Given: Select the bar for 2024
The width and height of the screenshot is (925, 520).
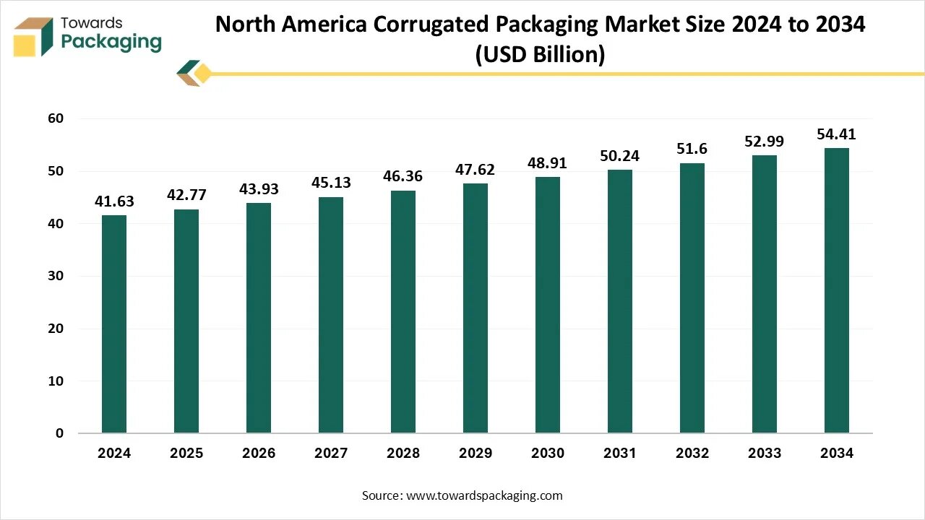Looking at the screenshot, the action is point(114,324).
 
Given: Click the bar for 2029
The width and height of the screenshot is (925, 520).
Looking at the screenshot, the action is point(476,308).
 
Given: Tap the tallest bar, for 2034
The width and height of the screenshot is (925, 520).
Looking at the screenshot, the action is point(837,290).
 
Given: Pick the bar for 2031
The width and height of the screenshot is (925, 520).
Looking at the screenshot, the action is point(620,301).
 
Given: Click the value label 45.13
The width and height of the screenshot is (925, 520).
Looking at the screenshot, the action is point(331,183).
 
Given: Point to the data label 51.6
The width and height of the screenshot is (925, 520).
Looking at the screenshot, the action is point(692,149).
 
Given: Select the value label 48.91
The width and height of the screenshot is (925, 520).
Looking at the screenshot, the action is point(547,163).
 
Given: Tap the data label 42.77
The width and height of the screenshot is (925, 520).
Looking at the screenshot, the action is point(186,195).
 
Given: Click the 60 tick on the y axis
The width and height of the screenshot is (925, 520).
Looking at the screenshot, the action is point(56,118).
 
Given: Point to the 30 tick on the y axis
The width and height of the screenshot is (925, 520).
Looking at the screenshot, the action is point(56,276).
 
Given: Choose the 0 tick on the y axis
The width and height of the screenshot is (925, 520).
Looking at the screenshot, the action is point(59,433).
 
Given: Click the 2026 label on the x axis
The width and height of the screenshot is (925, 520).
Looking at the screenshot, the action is point(259,453).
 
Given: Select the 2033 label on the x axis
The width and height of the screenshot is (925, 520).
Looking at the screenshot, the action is point(765,453).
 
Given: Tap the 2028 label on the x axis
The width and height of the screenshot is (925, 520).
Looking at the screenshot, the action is point(403,453).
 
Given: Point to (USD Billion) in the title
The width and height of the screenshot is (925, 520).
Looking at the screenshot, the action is point(540,55).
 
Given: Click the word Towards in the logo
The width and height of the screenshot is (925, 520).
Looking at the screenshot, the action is point(92,23).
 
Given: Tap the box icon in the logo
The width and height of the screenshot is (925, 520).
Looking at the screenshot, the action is point(33,37).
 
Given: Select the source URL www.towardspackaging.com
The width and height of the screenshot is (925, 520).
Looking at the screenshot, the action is point(484,495).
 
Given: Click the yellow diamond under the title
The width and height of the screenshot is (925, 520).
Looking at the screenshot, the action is point(203,74).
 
